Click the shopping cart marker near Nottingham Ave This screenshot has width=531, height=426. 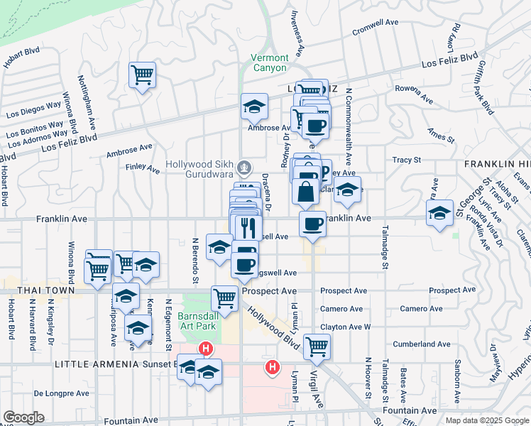coord(143,75)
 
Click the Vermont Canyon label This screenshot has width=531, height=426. coord(270,62)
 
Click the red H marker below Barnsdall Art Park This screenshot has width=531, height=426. coord(206,349)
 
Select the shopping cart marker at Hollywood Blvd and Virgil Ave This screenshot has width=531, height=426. coord(317,347)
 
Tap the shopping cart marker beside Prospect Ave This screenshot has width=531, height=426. coord(224,297)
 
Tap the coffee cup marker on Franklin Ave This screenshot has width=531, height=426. coord(312,224)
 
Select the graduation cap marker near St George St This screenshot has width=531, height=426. coord(439,212)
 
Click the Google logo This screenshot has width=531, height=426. coord(23,417)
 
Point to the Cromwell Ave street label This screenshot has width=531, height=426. coord(376,27)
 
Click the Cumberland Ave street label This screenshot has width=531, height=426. coord(425,344)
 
